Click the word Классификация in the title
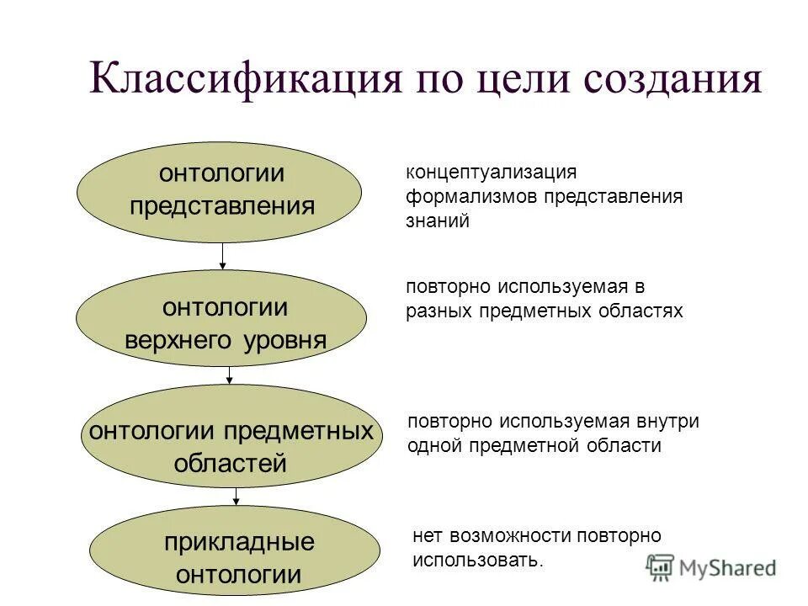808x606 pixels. tap(245, 82)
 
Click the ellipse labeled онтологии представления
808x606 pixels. tap(220, 192)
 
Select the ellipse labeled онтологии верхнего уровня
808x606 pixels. tap(222, 318)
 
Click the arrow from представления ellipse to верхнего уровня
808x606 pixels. tap(223, 256)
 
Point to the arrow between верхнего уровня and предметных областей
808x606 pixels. tap(231, 376)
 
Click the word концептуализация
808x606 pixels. tap(492, 173)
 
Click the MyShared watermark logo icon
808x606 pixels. tap(661, 568)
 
